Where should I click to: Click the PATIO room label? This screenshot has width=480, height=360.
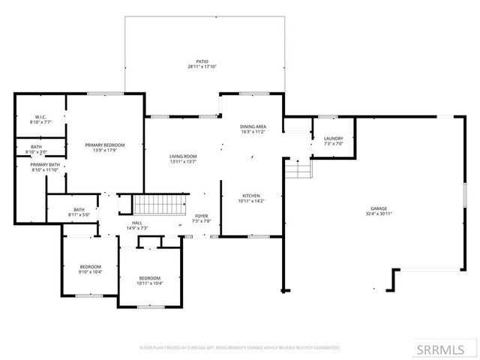coord(202,61)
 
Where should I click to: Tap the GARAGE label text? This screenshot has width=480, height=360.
coord(379,208)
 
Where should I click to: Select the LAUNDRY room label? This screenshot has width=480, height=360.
coord(333,139)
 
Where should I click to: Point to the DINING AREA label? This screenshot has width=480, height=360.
coord(253,127)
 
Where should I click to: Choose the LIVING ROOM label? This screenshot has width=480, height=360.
coord(183,156)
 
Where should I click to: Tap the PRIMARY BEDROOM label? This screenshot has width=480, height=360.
coord(104,145)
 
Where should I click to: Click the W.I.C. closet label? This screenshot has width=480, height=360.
coord(40,118)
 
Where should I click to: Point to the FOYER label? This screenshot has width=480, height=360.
coord(202,216)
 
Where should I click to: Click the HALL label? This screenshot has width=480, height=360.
coord(137,223)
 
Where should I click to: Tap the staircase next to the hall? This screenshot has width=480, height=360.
coord(160,203)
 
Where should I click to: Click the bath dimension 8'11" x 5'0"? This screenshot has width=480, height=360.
coord(79,215)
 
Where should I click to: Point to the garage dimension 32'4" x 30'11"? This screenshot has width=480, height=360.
coord(379,214)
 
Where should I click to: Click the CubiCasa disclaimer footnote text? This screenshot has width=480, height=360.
coord(240,348)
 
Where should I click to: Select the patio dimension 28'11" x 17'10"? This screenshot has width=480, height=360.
coord(202,67)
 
